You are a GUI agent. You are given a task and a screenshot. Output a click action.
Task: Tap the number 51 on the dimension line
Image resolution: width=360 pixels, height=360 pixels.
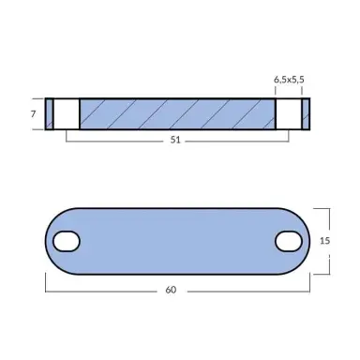coord(177,139)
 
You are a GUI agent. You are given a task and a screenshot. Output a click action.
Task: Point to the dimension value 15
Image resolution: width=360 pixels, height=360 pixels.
coord(324,241)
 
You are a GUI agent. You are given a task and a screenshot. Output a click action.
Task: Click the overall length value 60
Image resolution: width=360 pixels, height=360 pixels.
coord(171,289)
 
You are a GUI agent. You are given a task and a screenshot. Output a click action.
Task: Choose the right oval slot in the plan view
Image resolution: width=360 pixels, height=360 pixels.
coord(287,242)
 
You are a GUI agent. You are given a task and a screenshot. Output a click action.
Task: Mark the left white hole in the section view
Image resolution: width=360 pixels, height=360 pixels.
coord(67,113)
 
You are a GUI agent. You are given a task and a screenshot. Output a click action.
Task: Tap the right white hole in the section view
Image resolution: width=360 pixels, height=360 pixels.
coord(288,113)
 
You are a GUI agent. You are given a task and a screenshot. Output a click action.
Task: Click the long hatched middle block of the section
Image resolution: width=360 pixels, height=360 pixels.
coord(177,113)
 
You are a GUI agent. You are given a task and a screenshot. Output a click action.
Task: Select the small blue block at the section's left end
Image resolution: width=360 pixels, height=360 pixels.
coord(50,113)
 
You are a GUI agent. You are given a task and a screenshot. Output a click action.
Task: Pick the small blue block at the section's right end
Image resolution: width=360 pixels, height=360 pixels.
coord(305,113)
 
